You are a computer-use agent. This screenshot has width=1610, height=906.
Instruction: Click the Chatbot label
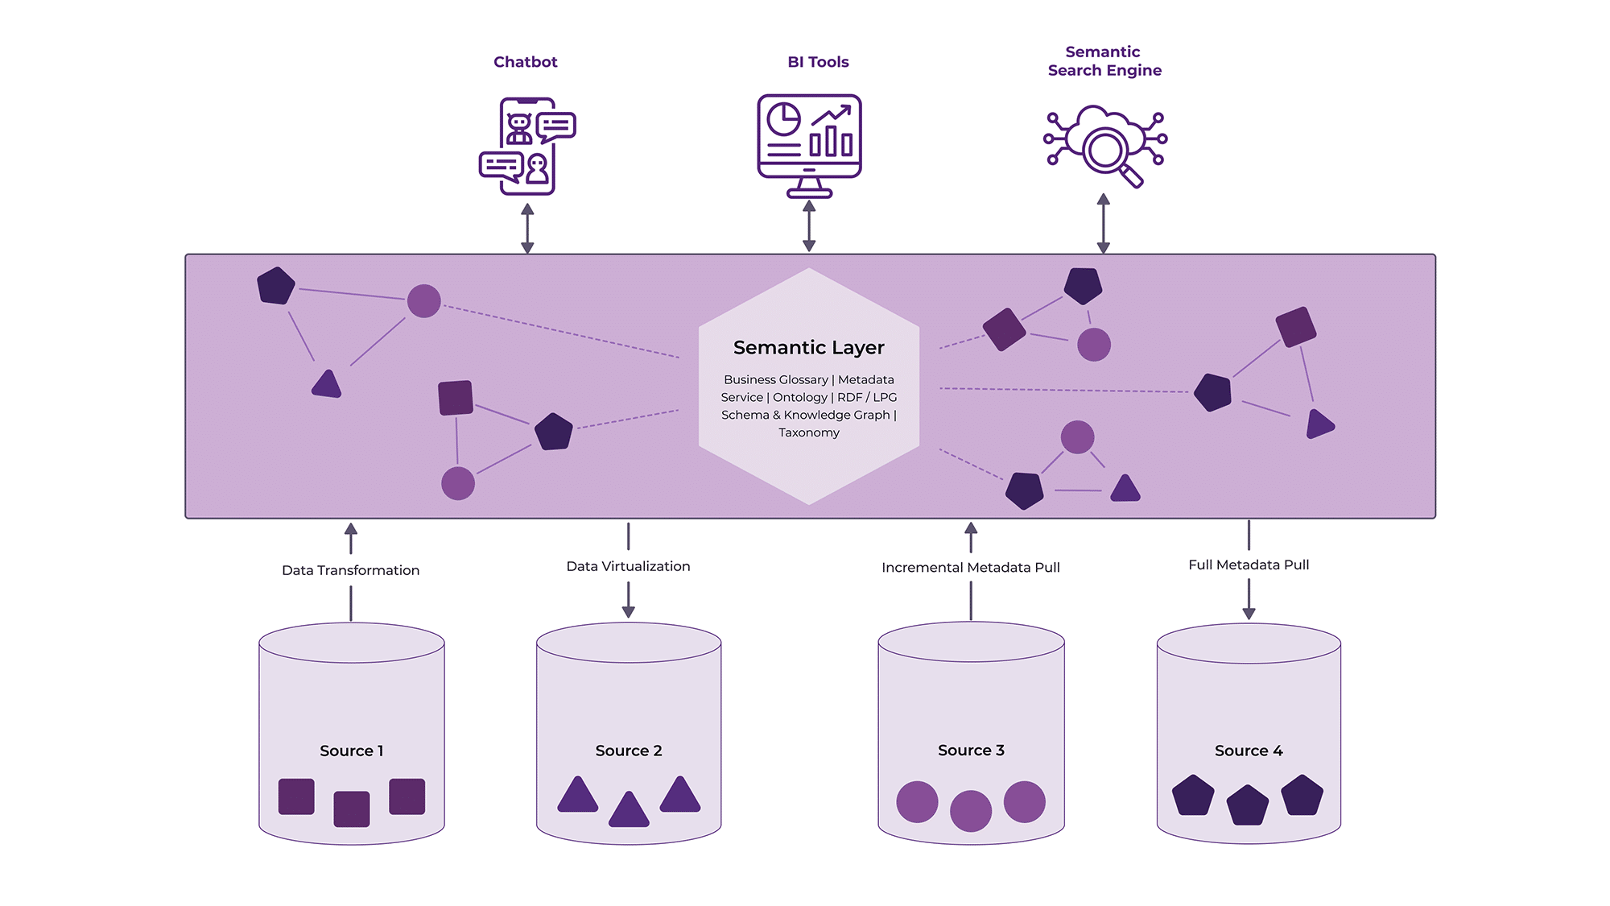pyautogui.click(x=525, y=62)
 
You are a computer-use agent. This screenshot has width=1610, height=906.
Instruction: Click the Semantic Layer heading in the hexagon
pyautogui.click(x=808, y=347)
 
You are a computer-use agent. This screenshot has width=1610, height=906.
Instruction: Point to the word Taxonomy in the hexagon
pyautogui.click(x=808, y=432)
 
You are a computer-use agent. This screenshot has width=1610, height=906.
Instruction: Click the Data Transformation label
pyautogui.click(x=350, y=570)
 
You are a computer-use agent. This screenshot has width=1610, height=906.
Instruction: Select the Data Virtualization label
pyautogui.click(x=628, y=566)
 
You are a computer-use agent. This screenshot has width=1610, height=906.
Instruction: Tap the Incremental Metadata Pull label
pyautogui.click(x=970, y=567)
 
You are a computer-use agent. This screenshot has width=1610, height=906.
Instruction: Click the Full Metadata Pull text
pyautogui.click(x=1248, y=565)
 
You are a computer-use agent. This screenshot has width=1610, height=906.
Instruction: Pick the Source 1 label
pyautogui.click(x=351, y=751)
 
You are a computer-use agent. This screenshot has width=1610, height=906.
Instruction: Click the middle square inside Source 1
pyautogui.click(x=351, y=809)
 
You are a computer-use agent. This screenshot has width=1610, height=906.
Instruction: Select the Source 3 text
pyautogui.click(x=970, y=750)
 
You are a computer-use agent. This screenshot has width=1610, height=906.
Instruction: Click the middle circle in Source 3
pyautogui.click(x=970, y=810)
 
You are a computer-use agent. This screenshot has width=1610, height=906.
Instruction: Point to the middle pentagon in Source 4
pyautogui.click(x=1247, y=806)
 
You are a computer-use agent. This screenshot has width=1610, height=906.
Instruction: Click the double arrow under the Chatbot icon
pyautogui.click(x=527, y=229)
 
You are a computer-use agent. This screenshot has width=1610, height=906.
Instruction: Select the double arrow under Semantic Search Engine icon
pyautogui.click(x=1103, y=223)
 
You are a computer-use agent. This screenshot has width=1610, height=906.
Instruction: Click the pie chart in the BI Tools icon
pyautogui.click(x=782, y=119)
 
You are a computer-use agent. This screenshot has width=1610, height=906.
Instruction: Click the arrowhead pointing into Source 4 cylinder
pyautogui.click(x=1249, y=613)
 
